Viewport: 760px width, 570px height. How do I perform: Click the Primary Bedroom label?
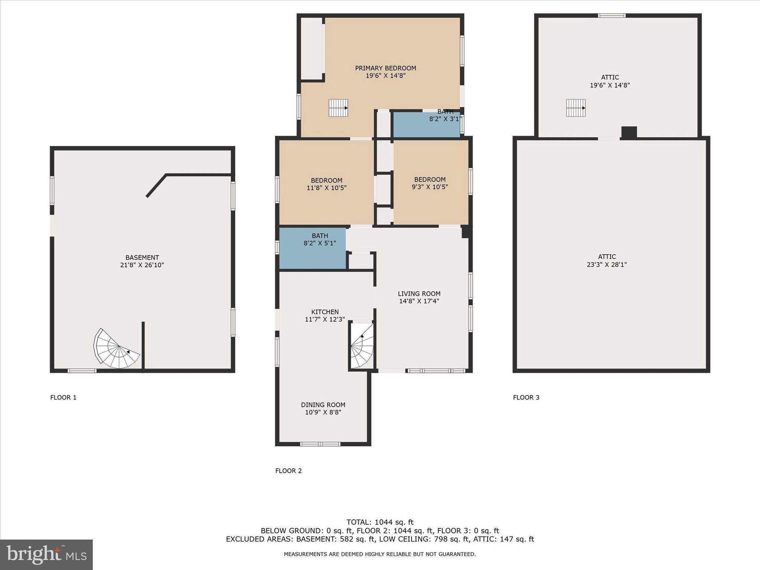click(x=385, y=68)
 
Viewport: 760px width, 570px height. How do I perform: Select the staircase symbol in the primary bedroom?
click(x=338, y=108)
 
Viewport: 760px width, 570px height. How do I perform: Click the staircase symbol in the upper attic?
click(x=576, y=108)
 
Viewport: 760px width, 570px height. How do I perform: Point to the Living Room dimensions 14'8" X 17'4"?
click(x=419, y=301)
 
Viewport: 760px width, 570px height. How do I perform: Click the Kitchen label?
click(x=325, y=312)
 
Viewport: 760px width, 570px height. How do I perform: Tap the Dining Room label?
click(x=323, y=405)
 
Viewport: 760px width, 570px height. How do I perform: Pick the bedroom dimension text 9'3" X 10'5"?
click(x=430, y=187)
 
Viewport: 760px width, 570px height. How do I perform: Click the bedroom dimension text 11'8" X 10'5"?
click(x=326, y=188)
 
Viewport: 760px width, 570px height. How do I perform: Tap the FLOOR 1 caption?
click(x=63, y=397)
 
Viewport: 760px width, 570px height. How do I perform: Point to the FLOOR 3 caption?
click(x=526, y=397)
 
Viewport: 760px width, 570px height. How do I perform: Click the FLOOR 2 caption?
click(x=288, y=471)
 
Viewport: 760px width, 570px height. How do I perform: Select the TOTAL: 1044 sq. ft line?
click(x=380, y=522)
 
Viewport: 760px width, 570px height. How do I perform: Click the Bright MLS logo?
click(x=46, y=554)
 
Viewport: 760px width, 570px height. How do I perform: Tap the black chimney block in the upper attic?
click(x=629, y=132)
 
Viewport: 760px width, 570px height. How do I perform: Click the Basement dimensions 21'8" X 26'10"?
click(x=142, y=265)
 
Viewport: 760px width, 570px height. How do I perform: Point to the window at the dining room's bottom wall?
click(x=320, y=444)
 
